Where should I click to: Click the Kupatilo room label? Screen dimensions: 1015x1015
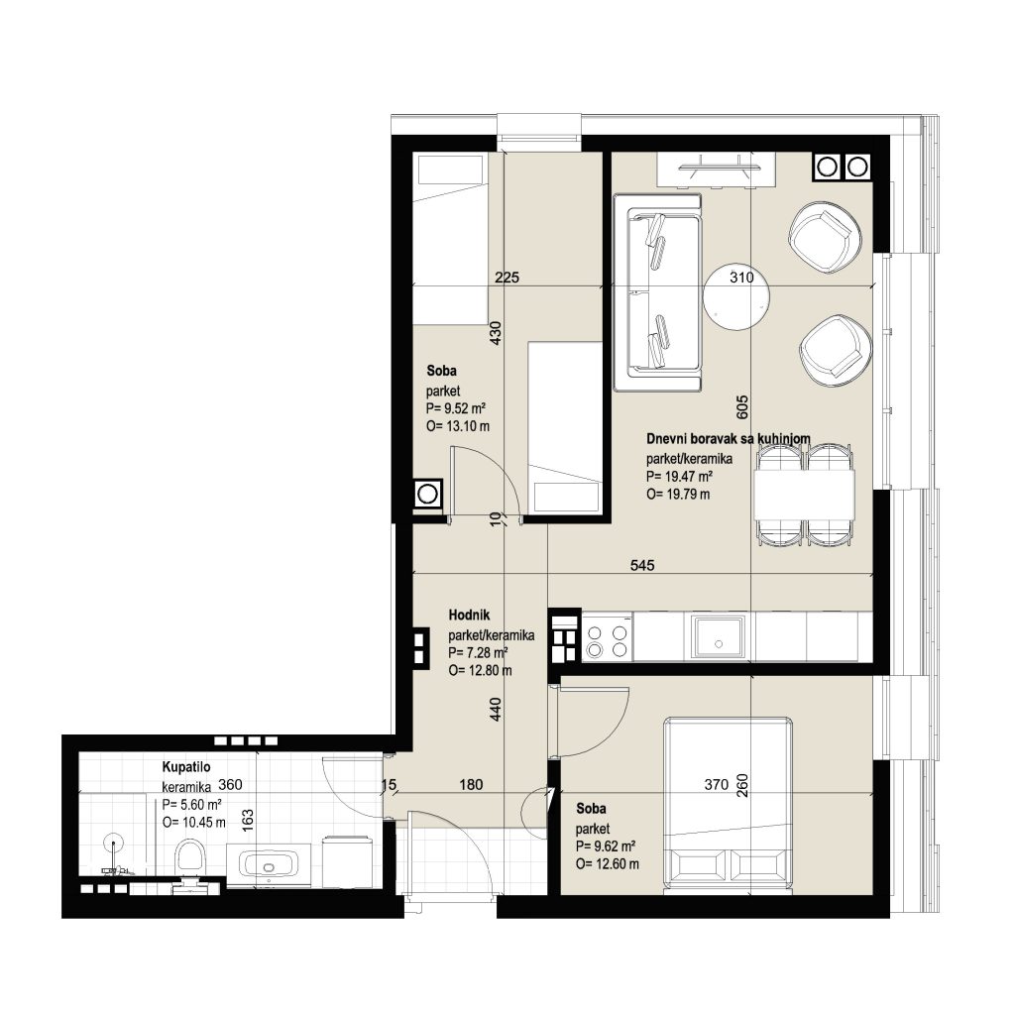coord(185,767)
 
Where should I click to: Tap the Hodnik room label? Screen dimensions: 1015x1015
coord(469,615)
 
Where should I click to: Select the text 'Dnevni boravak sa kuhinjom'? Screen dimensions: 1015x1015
coord(729,439)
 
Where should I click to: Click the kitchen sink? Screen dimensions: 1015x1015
coord(718,636)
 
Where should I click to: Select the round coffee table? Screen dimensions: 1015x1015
coord(736,298)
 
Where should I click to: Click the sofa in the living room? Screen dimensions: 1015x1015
coord(658,293)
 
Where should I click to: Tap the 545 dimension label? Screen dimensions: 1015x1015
coord(642,565)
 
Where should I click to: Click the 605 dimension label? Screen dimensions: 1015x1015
coord(741,406)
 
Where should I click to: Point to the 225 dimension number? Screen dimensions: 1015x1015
coord(507,278)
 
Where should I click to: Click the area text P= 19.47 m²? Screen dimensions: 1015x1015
coord(679,477)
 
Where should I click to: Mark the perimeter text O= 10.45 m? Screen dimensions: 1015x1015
coord(194,823)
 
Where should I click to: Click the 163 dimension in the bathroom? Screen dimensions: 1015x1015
coord(247,820)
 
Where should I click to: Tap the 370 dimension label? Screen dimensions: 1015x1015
coord(716,785)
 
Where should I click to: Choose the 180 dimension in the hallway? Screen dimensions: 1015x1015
coord(471,785)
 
